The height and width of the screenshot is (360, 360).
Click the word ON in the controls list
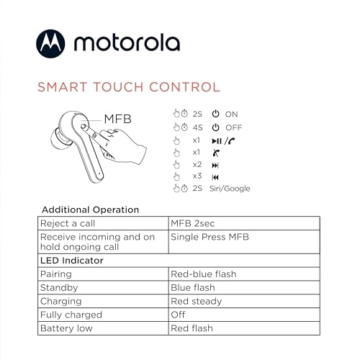[x=231, y=114]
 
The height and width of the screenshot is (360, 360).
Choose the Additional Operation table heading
[x=90, y=210]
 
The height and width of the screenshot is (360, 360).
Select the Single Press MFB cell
[x=207, y=236]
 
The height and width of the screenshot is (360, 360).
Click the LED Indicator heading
[x=73, y=260]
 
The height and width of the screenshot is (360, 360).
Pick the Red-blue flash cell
[x=203, y=274]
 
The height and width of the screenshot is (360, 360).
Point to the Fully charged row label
[x=73, y=315]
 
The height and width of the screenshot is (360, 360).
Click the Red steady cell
[x=196, y=301]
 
